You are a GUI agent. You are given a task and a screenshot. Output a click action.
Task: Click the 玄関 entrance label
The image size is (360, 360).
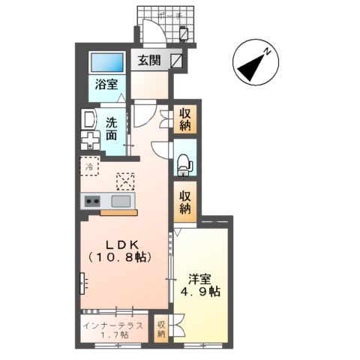149,60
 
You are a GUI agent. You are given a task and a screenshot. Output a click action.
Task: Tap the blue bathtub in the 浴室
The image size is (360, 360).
107,62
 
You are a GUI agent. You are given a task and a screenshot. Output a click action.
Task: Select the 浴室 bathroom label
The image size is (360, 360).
106,84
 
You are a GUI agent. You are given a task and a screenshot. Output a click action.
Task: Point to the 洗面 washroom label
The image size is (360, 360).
112,129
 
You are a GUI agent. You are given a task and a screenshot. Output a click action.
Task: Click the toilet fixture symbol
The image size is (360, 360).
184,165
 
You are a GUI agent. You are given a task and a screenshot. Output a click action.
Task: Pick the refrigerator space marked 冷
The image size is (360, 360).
90,166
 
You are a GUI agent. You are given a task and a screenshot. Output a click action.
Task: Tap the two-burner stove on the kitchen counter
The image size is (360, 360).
92,201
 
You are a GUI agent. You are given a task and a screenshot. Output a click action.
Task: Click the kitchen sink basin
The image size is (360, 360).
121,201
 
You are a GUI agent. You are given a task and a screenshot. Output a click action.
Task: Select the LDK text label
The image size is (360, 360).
122,245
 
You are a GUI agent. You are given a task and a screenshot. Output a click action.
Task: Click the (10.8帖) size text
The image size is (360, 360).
120,257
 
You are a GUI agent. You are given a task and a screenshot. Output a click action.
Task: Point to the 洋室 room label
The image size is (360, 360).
200,280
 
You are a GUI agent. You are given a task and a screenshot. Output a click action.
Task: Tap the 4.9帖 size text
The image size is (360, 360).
200,292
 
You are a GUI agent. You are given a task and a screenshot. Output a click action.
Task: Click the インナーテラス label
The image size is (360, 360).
113,325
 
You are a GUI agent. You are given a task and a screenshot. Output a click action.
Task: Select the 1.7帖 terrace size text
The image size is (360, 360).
114,334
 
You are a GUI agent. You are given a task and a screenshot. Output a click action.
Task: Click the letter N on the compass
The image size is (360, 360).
267,52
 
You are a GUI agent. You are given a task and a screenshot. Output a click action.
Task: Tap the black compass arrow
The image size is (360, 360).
250,67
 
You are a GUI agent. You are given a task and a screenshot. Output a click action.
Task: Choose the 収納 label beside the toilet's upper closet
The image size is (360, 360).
185,120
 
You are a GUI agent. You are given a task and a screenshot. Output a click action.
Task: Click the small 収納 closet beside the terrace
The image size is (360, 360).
161,328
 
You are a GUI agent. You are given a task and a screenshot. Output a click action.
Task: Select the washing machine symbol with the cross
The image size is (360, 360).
90,141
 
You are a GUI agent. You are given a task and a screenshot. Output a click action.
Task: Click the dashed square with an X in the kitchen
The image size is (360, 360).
125,181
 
